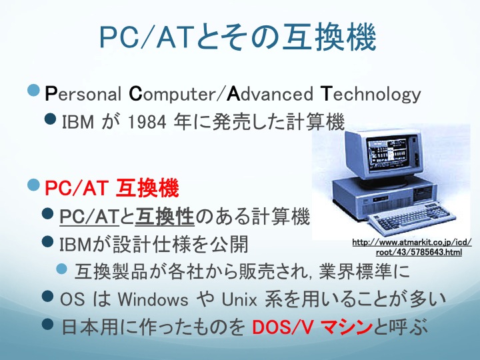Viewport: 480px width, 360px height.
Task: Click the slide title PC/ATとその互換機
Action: point(237,37)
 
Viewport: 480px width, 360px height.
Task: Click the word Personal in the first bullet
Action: point(83,94)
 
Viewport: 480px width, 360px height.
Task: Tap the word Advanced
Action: point(270,94)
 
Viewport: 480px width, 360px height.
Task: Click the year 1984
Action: point(147,122)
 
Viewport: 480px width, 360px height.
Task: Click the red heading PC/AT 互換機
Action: point(112,187)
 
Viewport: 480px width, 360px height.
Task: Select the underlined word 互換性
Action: point(165,217)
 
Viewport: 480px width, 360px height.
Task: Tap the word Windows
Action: point(153,299)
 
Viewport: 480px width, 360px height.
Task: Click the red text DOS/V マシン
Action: point(311,327)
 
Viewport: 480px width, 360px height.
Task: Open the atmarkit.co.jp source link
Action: point(412,247)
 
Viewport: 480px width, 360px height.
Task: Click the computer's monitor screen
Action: point(387,153)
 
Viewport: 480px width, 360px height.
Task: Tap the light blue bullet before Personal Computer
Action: point(34,90)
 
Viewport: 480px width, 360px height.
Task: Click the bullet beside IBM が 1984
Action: point(50,119)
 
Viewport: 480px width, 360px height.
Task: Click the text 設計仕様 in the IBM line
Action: point(149,244)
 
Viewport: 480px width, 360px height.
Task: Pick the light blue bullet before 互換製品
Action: point(62,269)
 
